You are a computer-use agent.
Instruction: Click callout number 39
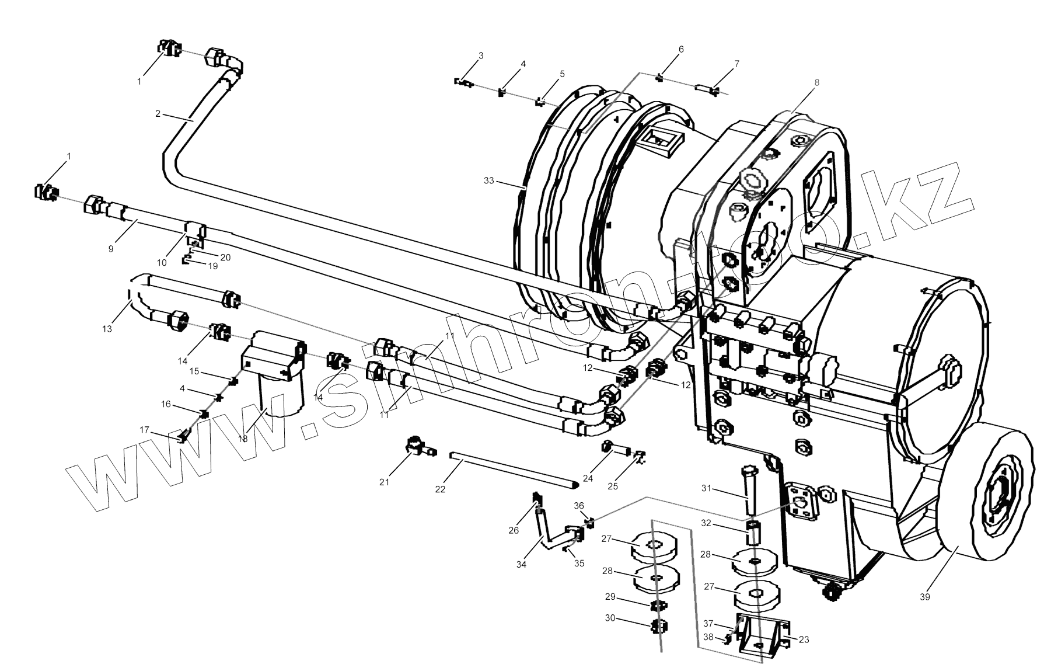click(x=924, y=596)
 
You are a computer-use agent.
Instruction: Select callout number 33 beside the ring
click(x=488, y=180)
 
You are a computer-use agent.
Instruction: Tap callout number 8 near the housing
click(x=816, y=82)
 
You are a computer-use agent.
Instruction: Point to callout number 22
click(x=440, y=489)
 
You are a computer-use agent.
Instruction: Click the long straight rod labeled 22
click(x=514, y=470)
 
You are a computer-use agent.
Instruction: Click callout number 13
click(x=107, y=329)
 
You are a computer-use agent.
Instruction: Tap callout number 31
click(x=706, y=488)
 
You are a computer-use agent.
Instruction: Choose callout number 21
click(x=384, y=482)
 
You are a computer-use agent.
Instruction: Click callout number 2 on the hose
click(x=158, y=114)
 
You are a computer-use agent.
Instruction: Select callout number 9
click(x=111, y=248)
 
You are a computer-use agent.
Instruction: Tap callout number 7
click(x=736, y=64)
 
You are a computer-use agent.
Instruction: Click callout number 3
click(x=481, y=56)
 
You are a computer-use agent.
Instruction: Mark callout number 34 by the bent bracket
click(x=521, y=564)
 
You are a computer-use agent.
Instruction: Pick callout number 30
click(x=610, y=618)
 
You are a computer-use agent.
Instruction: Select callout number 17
click(x=144, y=430)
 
